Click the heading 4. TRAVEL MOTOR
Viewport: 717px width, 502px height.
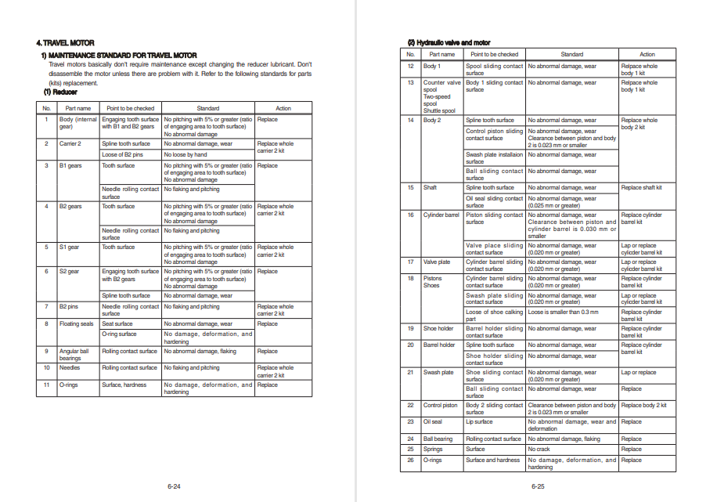67,42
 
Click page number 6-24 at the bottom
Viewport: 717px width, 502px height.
173,487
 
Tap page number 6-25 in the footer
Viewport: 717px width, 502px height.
537,487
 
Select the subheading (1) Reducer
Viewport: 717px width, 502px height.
60,92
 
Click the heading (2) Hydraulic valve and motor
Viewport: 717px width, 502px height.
449,42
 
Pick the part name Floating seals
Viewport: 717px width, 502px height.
76,323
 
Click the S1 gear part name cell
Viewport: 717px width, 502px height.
69,247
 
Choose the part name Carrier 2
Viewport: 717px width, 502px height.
70,144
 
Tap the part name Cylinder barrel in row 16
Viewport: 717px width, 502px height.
441,215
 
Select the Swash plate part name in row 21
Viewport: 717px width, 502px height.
438,373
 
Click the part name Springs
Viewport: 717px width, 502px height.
432,450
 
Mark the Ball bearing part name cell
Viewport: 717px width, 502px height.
438,439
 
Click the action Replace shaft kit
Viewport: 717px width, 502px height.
641,188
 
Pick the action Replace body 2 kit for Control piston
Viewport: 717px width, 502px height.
643,406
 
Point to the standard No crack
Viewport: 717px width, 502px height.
539,450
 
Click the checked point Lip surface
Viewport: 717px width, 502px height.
479,422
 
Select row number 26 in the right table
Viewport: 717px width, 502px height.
410,460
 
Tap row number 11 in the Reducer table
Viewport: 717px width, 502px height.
46,385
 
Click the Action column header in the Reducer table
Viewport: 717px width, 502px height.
283,108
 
